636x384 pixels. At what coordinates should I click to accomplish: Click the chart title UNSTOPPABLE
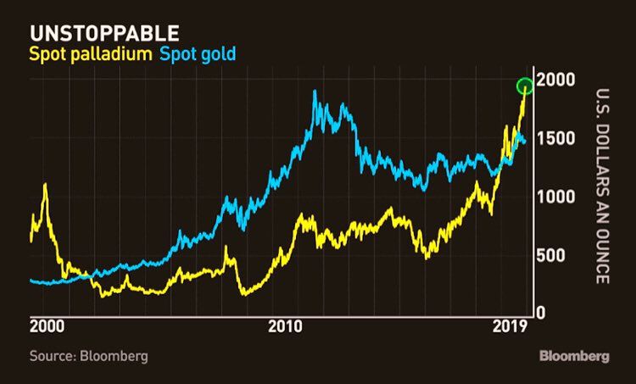click(x=104, y=34)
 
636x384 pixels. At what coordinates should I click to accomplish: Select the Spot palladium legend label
click(x=89, y=55)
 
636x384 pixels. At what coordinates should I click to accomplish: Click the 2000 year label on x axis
click(x=47, y=327)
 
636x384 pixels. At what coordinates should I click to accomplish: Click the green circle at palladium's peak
click(x=525, y=86)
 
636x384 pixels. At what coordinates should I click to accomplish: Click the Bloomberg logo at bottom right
click(x=574, y=356)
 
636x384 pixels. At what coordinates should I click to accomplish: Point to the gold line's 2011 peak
click(x=315, y=92)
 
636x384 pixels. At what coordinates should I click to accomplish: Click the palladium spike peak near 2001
click(x=45, y=185)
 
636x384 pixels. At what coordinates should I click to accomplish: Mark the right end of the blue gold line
click(x=525, y=142)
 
